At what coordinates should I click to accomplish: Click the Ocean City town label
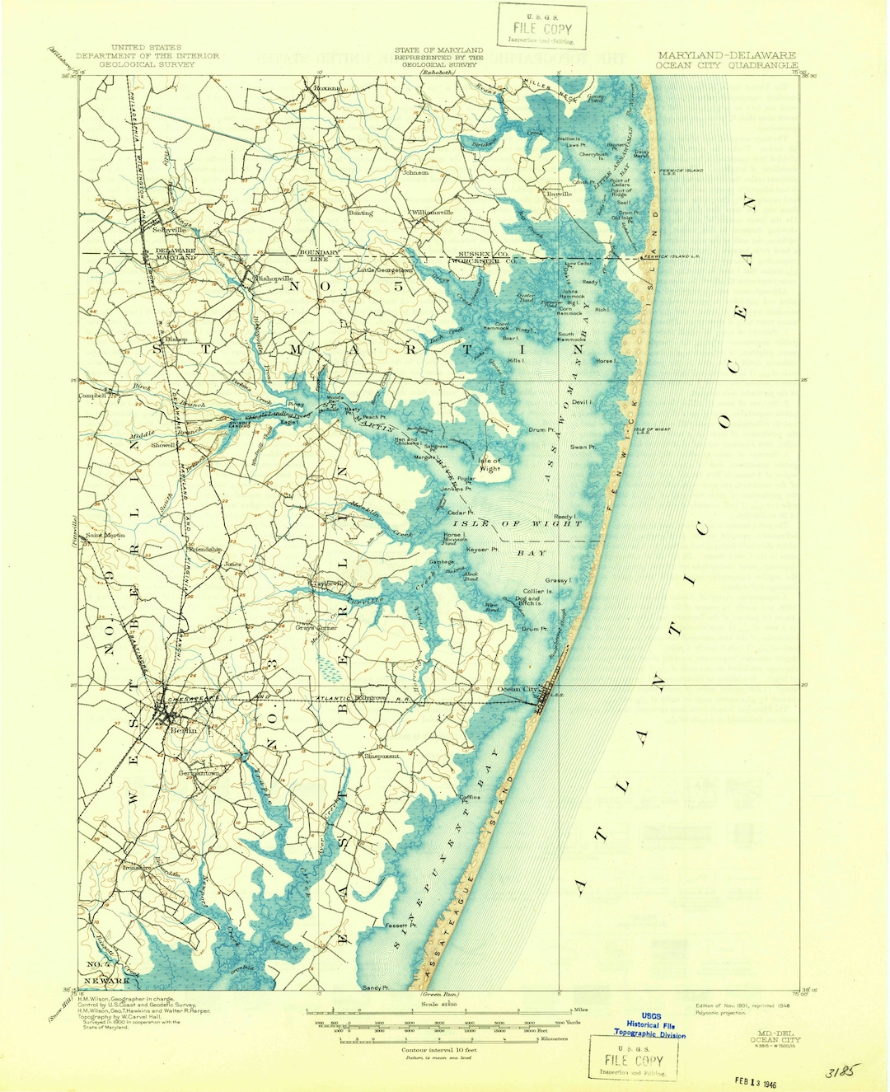coord(518,689)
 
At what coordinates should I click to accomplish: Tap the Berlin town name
coord(183,730)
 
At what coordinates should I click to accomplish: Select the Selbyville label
coord(169,230)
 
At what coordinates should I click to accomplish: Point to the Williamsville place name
coord(433,213)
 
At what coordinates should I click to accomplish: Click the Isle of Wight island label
coord(489,465)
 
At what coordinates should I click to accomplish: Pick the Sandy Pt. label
coord(374,987)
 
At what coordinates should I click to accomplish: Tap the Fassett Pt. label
coord(400,926)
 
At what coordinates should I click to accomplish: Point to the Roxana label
coord(321,87)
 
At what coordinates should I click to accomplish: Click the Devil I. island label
coord(582,402)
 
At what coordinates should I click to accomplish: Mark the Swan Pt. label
coord(583,447)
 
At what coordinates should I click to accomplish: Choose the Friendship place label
coord(205,549)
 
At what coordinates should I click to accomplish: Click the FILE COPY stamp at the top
coord(541,28)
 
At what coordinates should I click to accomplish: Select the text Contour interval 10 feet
coord(438,1050)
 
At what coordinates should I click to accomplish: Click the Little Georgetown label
coord(384,270)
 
